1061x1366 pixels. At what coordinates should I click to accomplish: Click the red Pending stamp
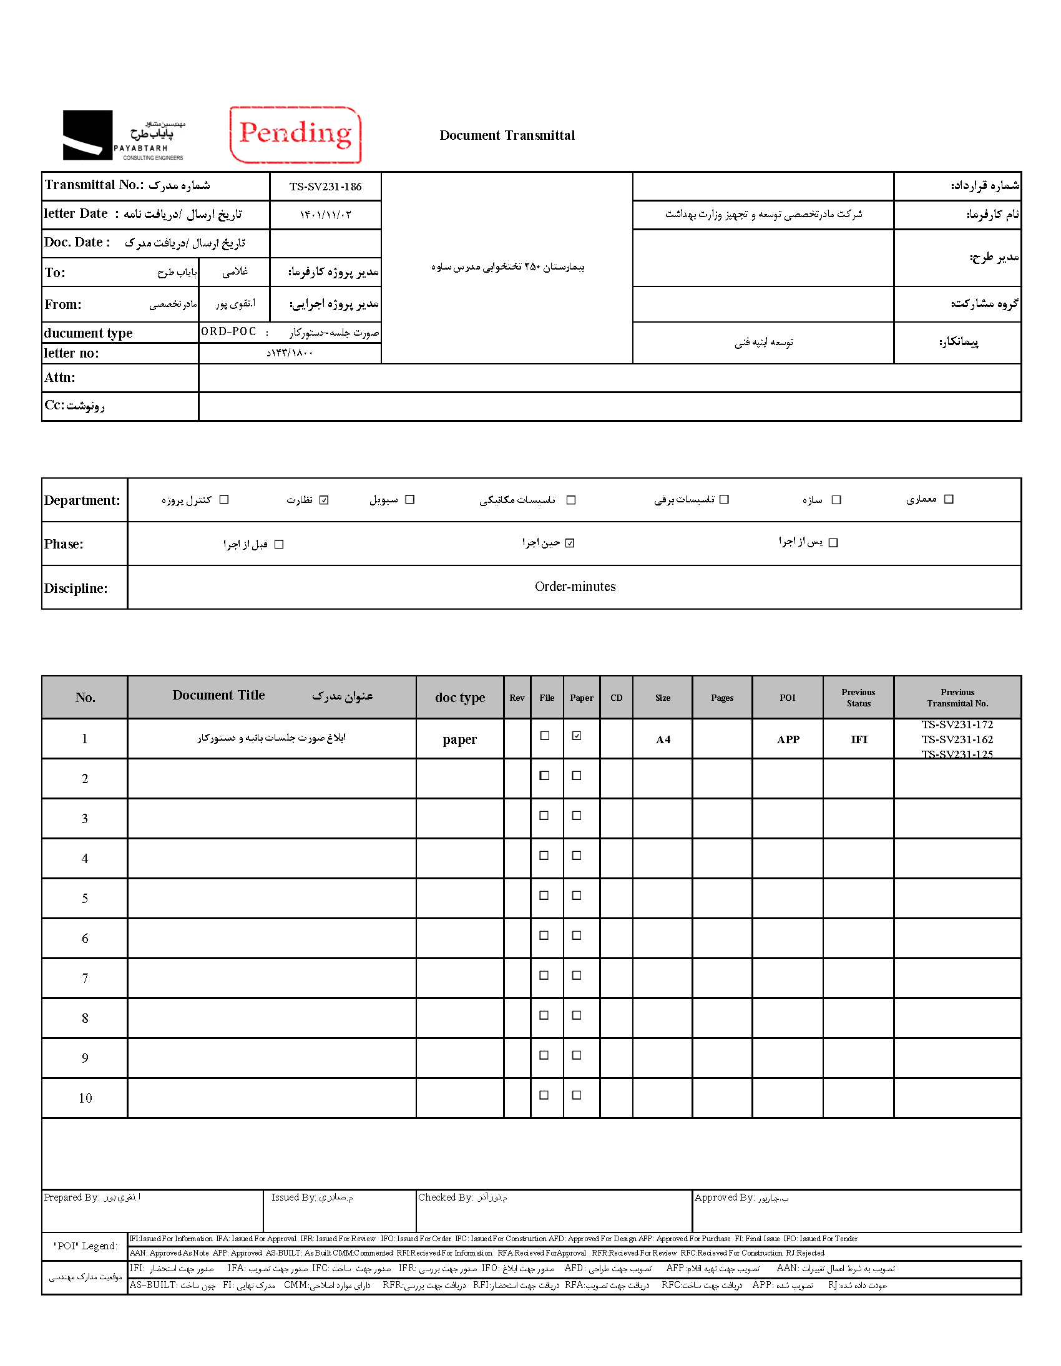tap(295, 134)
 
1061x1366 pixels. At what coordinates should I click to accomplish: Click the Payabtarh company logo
tap(123, 135)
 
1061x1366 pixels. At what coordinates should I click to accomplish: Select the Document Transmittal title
tap(507, 135)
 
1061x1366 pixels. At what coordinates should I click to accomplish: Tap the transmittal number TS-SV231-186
tap(325, 187)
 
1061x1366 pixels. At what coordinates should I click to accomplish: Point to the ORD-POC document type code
tap(228, 331)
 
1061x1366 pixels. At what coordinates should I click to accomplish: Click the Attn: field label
tap(60, 377)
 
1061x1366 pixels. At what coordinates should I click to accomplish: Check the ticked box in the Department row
tap(324, 500)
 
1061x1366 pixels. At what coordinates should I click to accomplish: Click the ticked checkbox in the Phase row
tap(570, 543)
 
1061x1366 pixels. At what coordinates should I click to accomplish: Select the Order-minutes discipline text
tap(575, 587)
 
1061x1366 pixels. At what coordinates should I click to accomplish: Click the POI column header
tap(787, 698)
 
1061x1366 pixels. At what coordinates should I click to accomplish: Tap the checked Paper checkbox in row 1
tap(577, 736)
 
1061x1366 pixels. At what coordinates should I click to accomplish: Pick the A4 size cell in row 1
tap(662, 739)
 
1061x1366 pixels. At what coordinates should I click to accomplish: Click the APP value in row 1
tap(788, 739)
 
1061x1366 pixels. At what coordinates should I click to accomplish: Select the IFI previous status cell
tap(859, 739)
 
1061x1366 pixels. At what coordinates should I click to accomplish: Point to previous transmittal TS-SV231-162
tap(957, 739)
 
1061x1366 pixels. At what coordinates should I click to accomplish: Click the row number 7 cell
tap(85, 978)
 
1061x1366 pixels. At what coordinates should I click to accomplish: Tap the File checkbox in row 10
tap(544, 1095)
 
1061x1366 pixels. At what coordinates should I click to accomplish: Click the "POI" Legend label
tap(85, 1246)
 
